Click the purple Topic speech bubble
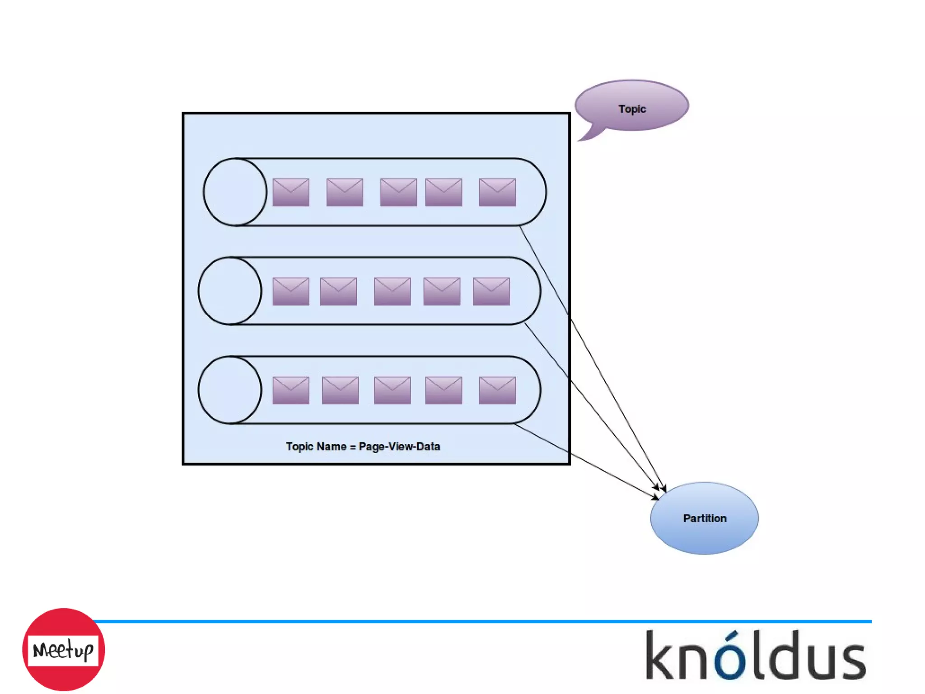(631, 107)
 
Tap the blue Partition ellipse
(704, 518)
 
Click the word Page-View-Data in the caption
(399, 447)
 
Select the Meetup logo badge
(63, 650)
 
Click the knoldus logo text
(756, 655)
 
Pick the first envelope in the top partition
(291, 192)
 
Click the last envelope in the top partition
(497, 192)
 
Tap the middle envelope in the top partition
(398, 192)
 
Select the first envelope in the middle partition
(291, 291)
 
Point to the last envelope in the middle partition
(491, 291)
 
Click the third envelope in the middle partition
(392, 291)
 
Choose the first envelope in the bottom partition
(291, 390)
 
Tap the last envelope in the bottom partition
(497, 390)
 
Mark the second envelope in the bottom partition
(340, 390)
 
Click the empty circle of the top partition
(235, 192)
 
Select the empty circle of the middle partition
(230, 291)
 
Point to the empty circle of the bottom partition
(230, 390)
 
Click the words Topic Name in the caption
(316, 447)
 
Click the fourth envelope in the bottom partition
(444, 390)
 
